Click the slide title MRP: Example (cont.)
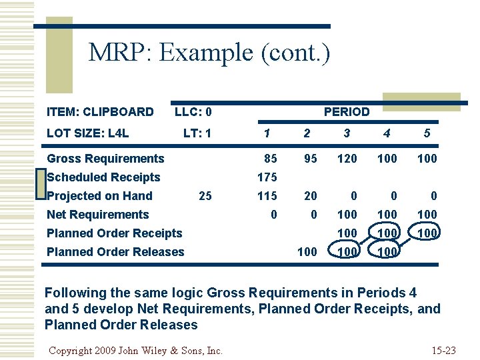coord(209,53)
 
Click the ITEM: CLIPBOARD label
coord(100,111)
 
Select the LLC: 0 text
coord(193,112)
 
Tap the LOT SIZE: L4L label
coord(87,133)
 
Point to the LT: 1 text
coord(197,133)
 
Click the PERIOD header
coord(346,112)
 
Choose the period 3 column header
coord(347,133)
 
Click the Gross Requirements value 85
coord(271,159)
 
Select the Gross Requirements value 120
coord(347,159)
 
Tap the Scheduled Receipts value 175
coord(267,177)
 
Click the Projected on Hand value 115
coord(267,196)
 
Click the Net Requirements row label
coord(97,215)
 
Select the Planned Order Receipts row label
coord(114,233)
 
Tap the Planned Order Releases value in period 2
coord(307,252)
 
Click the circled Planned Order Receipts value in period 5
coord(427,233)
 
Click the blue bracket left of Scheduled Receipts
coord(41,186)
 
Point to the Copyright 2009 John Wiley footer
coord(136,350)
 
